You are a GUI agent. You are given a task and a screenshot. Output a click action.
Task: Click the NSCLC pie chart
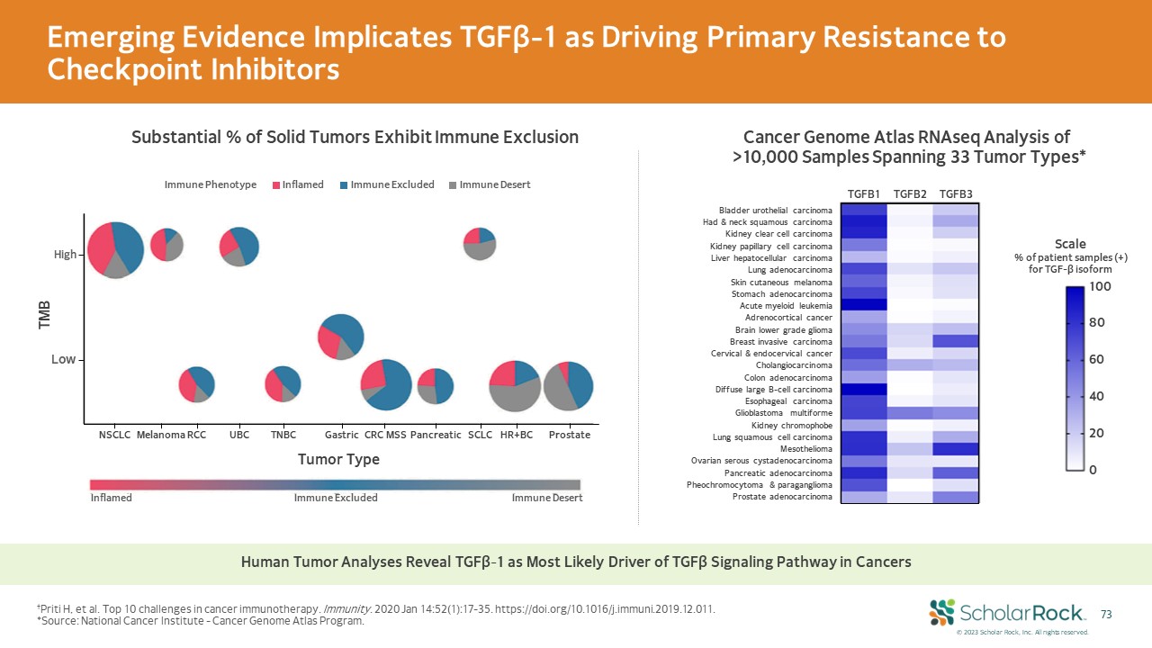point(116,249)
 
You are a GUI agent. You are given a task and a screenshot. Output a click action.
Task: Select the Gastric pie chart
point(341,336)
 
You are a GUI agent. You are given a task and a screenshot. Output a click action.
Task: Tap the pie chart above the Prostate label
point(569,384)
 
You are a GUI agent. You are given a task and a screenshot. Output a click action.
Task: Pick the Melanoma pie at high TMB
point(166,244)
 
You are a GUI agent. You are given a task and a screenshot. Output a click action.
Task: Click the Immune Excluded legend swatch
point(344,185)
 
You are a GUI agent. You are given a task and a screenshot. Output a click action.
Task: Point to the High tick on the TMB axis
point(66,256)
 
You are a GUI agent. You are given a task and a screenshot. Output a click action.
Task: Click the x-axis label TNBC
point(283,435)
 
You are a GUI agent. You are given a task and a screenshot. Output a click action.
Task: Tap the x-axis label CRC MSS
point(386,435)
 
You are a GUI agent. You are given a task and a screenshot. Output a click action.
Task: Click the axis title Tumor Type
point(338,459)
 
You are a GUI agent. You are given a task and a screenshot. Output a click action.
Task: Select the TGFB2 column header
point(910,194)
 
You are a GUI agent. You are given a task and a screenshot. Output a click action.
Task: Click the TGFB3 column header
point(956,194)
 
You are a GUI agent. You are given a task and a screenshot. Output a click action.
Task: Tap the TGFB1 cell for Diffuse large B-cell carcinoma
point(864,389)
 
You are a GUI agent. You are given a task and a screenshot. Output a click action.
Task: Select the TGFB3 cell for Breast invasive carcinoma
point(956,341)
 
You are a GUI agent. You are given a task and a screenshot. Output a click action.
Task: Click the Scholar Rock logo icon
point(941,612)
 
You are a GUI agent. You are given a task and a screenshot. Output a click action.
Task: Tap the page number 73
point(1107,615)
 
